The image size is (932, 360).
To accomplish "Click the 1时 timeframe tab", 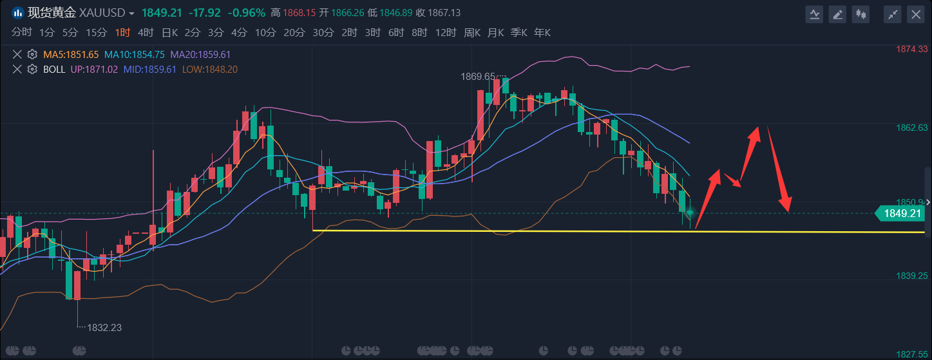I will coord(122,32).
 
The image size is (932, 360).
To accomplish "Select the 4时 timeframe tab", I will coord(146,32).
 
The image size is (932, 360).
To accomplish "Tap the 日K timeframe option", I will coord(169,32).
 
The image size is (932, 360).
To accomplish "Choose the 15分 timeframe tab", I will coord(97,32).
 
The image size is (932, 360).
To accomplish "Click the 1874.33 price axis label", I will coord(911,49).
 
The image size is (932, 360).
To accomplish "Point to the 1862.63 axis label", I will coord(911,128).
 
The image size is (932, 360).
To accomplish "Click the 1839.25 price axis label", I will coord(911,276).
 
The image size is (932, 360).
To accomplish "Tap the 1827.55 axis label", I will coord(911,354).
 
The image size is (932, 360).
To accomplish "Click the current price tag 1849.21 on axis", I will coord(902,213).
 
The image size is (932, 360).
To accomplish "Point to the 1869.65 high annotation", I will coord(478,76).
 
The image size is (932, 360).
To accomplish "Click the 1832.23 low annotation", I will coord(104,327).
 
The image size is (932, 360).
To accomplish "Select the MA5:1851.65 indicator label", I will coord(71,55).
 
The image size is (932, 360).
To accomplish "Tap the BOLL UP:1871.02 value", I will coord(94,69).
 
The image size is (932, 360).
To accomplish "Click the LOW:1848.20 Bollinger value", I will coord(210,69).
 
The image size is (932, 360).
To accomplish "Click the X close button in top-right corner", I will coord(915,14).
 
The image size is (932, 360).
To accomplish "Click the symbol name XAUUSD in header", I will coord(107,13).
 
